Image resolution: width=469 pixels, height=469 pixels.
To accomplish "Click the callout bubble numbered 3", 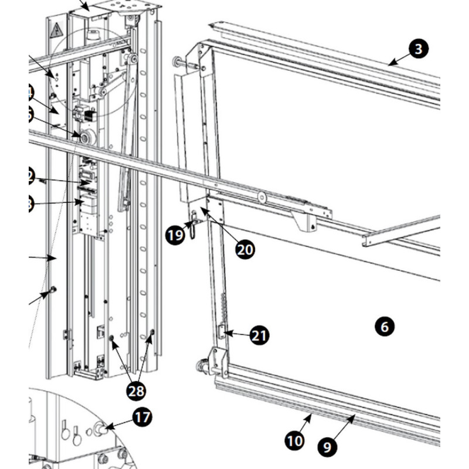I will click(x=418, y=49).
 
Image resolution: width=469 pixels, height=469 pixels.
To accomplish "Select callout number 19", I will click(x=174, y=236).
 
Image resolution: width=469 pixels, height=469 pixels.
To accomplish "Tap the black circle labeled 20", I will click(x=246, y=249).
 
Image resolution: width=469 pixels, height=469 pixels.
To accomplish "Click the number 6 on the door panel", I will click(x=385, y=326).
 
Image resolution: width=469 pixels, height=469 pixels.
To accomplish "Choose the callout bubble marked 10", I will click(x=295, y=440).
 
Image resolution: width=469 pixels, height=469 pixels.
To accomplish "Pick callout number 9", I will click(x=328, y=447).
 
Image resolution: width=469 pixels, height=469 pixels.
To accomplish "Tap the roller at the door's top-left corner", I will click(x=176, y=62).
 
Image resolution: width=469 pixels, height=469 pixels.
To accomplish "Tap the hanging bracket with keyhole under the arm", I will click(x=305, y=220).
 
